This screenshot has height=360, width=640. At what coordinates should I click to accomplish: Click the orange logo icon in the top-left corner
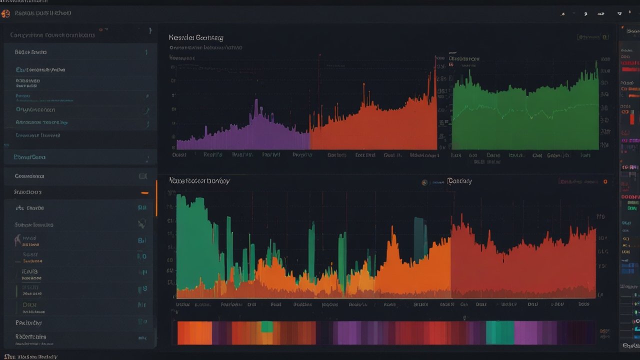click(5, 13)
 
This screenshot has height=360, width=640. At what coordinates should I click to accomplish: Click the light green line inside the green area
click(525, 110)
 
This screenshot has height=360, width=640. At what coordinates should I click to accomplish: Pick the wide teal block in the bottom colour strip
click(499, 332)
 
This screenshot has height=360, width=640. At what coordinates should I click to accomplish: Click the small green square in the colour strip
click(267, 326)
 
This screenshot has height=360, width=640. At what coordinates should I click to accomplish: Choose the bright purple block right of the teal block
click(525, 332)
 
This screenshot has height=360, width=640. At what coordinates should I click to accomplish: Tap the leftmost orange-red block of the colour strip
click(187, 332)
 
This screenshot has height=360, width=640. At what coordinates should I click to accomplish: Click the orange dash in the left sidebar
click(144, 192)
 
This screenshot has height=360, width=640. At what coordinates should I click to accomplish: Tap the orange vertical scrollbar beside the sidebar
click(156, 197)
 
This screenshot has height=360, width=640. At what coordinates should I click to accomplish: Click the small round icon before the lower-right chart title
click(424, 183)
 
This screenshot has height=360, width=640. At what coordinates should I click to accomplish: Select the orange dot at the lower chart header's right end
click(605, 182)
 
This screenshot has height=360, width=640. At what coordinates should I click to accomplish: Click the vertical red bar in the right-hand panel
click(631, 118)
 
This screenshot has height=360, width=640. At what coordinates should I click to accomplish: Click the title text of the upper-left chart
click(196, 37)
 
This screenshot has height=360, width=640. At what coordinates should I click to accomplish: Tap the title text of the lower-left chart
click(199, 180)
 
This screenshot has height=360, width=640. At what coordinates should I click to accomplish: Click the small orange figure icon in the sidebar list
click(18, 240)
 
